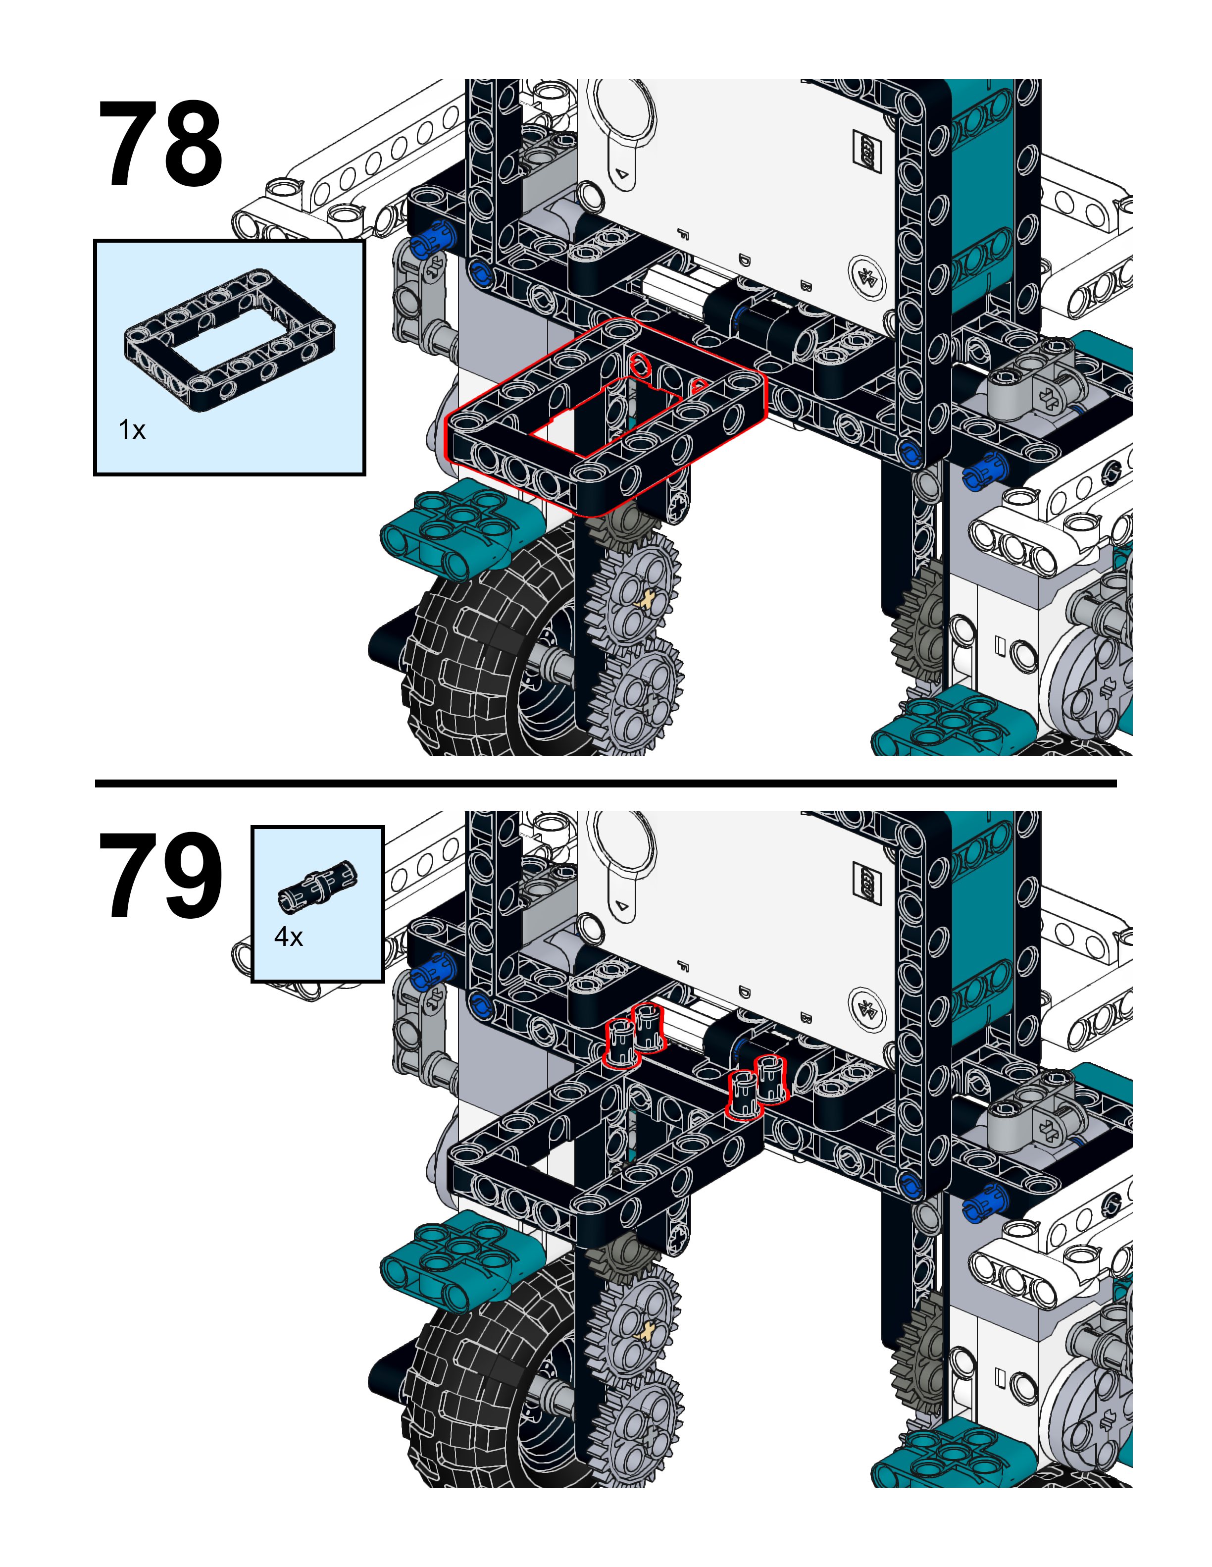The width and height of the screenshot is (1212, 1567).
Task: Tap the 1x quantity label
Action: (132, 430)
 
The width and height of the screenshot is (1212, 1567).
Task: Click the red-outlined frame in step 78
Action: (606, 416)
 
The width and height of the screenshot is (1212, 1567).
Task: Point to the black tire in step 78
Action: (495, 653)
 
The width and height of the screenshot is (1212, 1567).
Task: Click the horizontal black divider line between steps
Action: (606, 783)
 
